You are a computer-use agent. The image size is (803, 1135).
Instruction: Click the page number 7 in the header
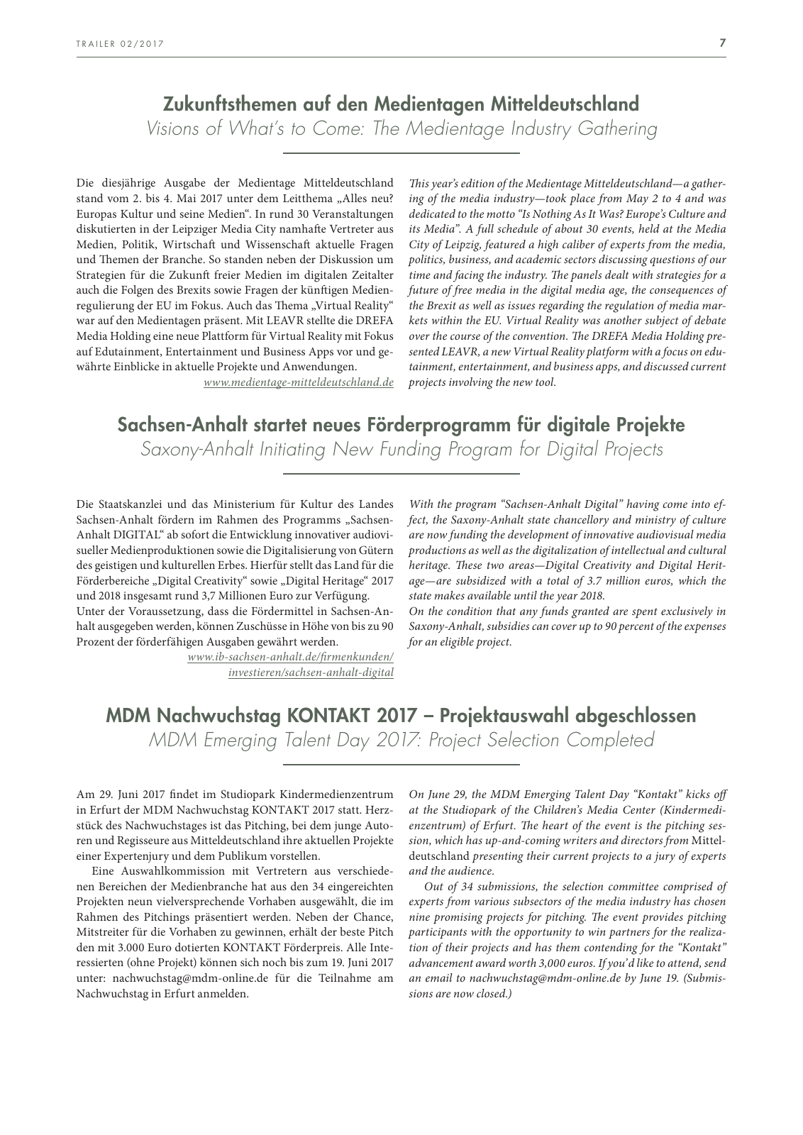pos(722,43)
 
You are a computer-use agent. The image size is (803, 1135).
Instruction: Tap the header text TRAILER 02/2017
pos(120,44)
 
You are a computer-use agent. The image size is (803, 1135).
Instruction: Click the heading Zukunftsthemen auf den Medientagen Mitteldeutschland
pos(401,104)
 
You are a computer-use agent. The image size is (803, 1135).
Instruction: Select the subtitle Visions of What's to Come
pos(401,129)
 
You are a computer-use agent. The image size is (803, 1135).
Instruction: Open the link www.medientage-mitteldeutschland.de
pos(298,382)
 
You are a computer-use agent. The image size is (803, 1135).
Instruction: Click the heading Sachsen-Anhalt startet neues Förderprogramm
pos(401,425)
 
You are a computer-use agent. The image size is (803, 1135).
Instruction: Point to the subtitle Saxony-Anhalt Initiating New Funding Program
pos(401,450)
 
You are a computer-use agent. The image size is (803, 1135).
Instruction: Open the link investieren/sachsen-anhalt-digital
pos(311,672)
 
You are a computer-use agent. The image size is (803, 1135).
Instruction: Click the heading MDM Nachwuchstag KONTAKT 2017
pos(401,715)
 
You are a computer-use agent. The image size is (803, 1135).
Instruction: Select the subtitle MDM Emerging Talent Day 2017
pos(401,740)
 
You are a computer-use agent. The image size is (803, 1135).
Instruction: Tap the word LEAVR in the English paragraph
pos(446,352)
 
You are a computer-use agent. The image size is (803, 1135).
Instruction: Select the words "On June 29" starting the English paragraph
pos(438,794)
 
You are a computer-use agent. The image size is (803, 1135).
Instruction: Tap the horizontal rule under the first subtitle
pos(401,153)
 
